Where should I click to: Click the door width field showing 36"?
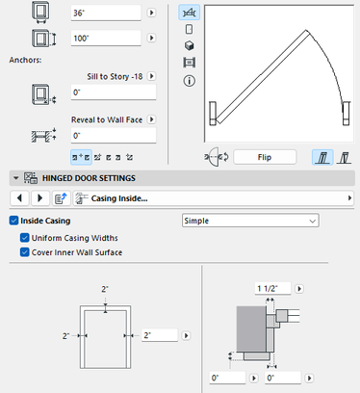point(106,13)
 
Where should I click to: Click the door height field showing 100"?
point(106,39)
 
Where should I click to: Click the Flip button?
point(265,157)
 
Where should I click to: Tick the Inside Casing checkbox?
point(13,221)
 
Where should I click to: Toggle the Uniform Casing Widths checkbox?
point(25,238)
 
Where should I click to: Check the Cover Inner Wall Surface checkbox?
point(25,252)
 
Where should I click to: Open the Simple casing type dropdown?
point(250,221)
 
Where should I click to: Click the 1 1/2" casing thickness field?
point(273,288)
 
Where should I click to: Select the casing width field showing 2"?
point(160,335)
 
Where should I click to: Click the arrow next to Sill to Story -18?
point(151,76)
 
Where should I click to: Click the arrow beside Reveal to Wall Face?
point(151,119)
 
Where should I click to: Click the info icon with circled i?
point(190,81)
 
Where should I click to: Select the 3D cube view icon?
point(190,45)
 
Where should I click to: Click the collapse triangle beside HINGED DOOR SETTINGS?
point(15,178)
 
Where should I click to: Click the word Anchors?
point(25,60)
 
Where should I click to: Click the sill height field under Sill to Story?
point(114,92)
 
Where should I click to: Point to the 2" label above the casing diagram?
point(105,289)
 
